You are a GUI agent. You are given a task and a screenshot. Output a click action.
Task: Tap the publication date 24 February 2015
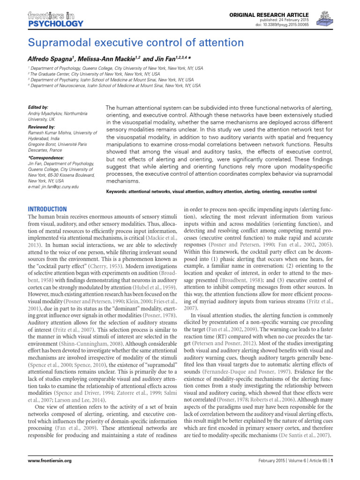pos(278,21)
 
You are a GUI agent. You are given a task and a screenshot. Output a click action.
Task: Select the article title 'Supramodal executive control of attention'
pos(136,43)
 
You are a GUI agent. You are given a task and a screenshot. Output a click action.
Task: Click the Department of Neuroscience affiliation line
pos(115,86)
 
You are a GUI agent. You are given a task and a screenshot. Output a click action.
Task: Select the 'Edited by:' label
pos(38,107)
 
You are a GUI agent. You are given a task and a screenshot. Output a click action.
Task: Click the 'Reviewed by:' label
pos(41,127)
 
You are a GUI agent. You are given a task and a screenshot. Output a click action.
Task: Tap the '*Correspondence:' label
pos(45,158)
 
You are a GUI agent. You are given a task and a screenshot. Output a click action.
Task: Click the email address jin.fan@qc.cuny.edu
pos(53,187)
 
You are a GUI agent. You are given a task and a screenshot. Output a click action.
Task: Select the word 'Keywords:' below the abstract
pos(119,192)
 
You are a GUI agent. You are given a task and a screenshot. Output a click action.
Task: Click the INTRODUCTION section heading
pos(48,209)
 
